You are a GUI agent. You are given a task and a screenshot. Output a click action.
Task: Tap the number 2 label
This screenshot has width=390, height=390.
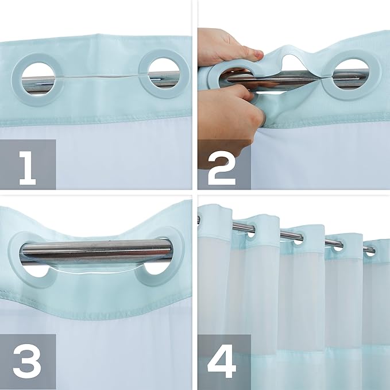(221, 165)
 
